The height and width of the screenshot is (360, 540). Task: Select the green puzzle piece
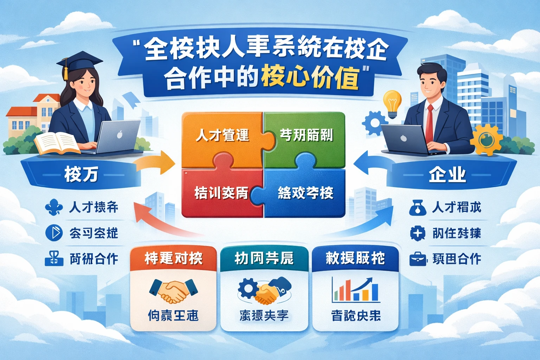(x=306, y=135)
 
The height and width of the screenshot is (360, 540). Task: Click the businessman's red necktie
(x=430, y=123)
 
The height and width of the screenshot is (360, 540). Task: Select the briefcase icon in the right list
(x=418, y=259)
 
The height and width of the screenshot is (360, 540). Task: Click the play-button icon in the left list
(x=54, y=233)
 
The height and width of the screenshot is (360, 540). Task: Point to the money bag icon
(x=418, y=207)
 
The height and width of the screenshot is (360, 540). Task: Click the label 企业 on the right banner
(x=447, y=175)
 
